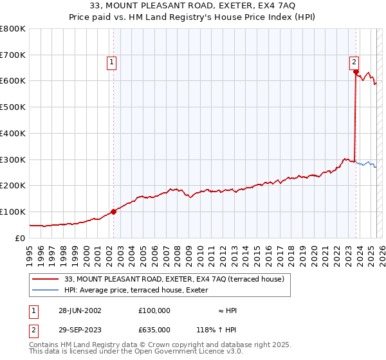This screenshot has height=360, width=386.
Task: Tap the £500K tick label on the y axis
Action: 13,107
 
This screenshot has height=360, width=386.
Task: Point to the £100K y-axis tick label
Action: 13,212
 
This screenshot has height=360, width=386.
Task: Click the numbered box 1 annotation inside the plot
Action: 112,62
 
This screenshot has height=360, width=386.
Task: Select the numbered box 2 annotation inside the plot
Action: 354,62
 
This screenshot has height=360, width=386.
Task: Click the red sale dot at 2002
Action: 114,211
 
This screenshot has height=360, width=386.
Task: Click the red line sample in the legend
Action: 46,278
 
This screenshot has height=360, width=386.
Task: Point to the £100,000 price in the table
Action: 154,310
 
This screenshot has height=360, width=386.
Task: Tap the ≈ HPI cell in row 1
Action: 227,310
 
